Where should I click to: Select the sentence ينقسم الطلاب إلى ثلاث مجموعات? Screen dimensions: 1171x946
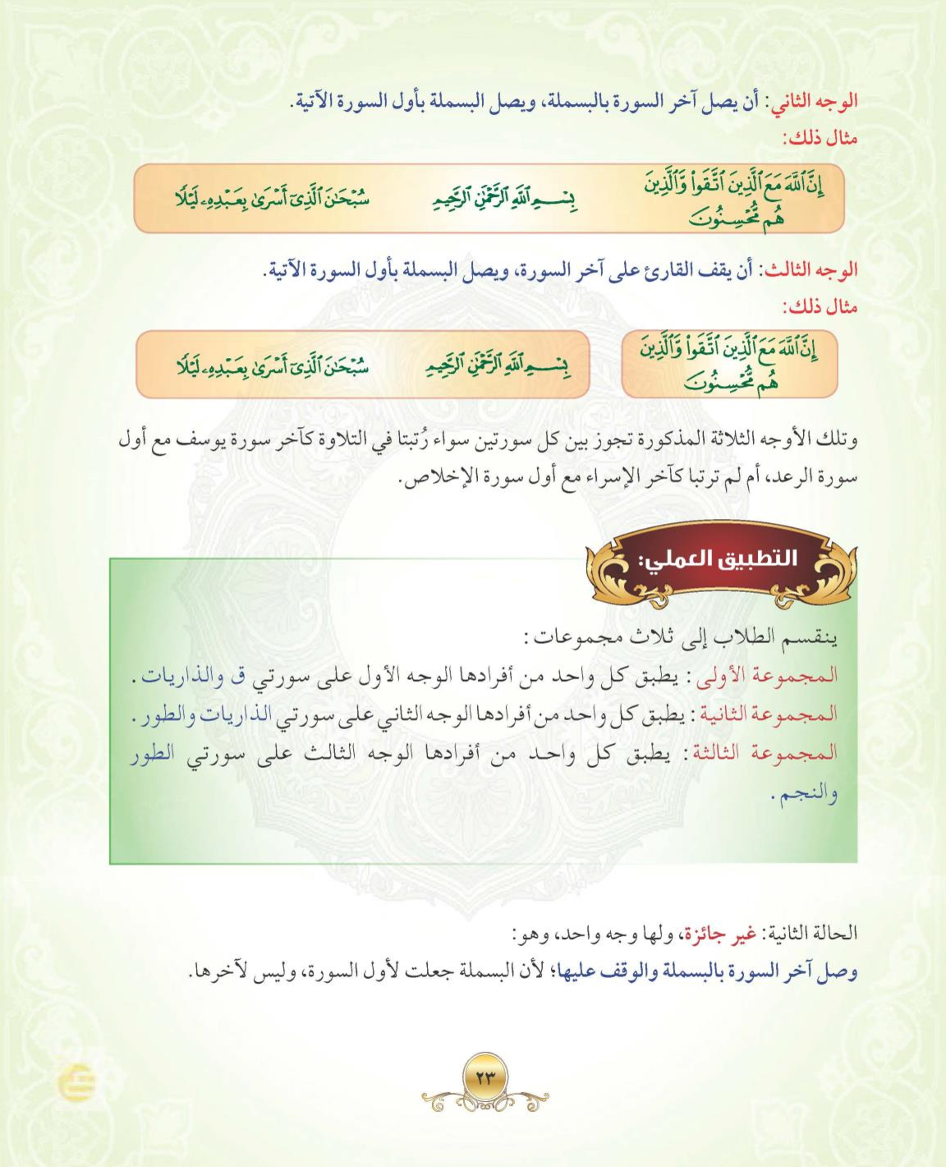click(x=682, y=637)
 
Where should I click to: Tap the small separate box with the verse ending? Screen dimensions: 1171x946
click(x=729, y=365)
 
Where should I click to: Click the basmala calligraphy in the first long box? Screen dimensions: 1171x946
click(x=504, y=198)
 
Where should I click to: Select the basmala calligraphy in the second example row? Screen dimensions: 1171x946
click(x=498, y=365)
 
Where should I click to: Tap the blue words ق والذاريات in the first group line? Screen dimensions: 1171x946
click(x=194, y=676)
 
